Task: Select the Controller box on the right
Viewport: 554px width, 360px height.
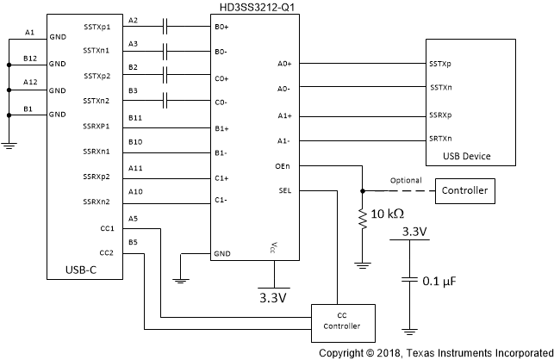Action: tap(464, 189)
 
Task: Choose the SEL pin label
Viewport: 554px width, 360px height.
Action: tap(286, 191)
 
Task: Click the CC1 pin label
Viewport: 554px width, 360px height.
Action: tap(106, 229)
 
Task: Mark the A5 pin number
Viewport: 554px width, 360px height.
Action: tap(133, 219)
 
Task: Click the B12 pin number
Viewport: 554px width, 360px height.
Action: tap(30, 58)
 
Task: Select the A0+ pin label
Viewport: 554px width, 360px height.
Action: tap(285, 63)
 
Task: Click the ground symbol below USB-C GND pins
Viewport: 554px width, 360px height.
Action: tap(8, 146)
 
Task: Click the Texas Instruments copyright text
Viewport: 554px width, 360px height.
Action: tap(435, 352)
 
